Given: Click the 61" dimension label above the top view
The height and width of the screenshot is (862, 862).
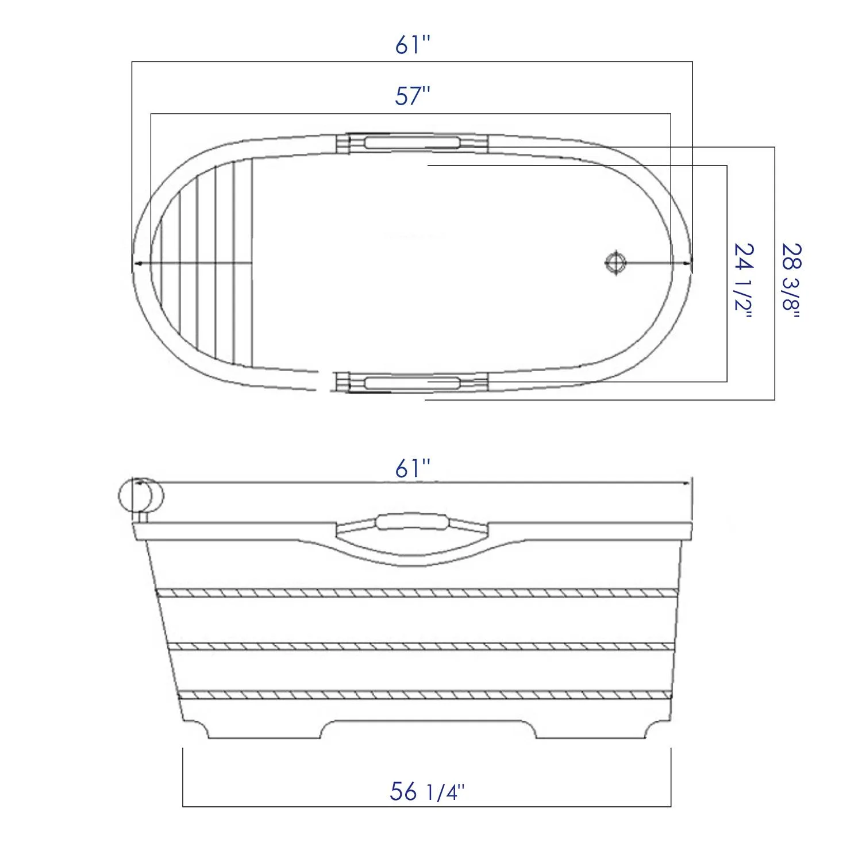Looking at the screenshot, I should click(412, 45).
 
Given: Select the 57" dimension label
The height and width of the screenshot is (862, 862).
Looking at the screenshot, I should click(412, 96).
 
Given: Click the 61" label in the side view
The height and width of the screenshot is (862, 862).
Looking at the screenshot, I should click(412, 469).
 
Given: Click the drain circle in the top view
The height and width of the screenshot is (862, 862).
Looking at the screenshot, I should click(615, 263).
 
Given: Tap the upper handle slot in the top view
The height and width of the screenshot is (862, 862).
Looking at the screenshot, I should click(412, 143).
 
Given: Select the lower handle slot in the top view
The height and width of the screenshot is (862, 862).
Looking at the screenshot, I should click(412, 383).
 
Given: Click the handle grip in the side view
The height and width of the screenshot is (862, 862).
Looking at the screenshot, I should click(412, 522).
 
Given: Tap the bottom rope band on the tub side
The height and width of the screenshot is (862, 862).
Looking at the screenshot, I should click(424, 695).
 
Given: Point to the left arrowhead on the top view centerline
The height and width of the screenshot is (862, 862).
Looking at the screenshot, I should click(136, 263).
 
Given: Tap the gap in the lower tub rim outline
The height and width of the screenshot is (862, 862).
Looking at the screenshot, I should click(326, 380).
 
